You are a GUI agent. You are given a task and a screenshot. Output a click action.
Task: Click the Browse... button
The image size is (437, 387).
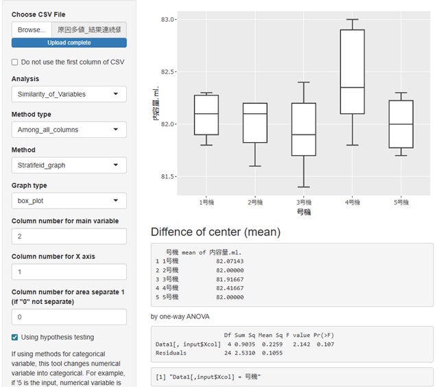(x=31, y=30)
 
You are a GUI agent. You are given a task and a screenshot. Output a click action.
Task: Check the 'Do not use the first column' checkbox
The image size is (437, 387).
(x=15, y=62)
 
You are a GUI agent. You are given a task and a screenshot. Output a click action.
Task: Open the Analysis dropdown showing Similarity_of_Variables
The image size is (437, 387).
(x=69, y=94)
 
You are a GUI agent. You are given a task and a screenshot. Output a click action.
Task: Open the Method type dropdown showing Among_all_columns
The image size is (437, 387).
(x=69, y=130)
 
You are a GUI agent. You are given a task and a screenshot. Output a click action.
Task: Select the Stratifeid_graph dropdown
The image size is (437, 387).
(x=69, y=165)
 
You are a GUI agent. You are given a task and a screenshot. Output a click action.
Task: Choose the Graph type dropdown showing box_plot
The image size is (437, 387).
(x=69, y=201)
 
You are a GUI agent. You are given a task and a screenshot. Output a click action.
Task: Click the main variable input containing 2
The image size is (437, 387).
(x=69, y=236)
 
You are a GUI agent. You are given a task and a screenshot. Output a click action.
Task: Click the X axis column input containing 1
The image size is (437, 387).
(x=69, y=272)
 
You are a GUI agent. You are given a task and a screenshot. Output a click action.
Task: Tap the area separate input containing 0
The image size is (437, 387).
(x=69, y=317)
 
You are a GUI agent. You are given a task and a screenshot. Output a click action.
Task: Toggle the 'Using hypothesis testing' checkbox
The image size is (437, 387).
(x=15, y=337)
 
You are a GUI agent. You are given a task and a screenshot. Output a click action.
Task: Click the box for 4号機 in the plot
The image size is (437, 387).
(x=353, y=72)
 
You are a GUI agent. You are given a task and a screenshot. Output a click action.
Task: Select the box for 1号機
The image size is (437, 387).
(x=206, y=115)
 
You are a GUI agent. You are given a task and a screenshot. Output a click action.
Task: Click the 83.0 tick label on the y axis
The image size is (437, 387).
(x=168, y=20)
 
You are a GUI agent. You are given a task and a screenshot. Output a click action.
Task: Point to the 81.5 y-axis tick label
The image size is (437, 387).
(x=168, y=177)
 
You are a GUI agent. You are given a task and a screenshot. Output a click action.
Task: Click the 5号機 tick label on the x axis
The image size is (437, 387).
(x=401, y=203)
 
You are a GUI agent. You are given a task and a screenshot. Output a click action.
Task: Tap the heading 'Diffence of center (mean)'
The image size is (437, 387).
(x=215, y=232)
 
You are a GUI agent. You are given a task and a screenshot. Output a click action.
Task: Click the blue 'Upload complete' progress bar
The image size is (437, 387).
(x=69, y=43)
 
